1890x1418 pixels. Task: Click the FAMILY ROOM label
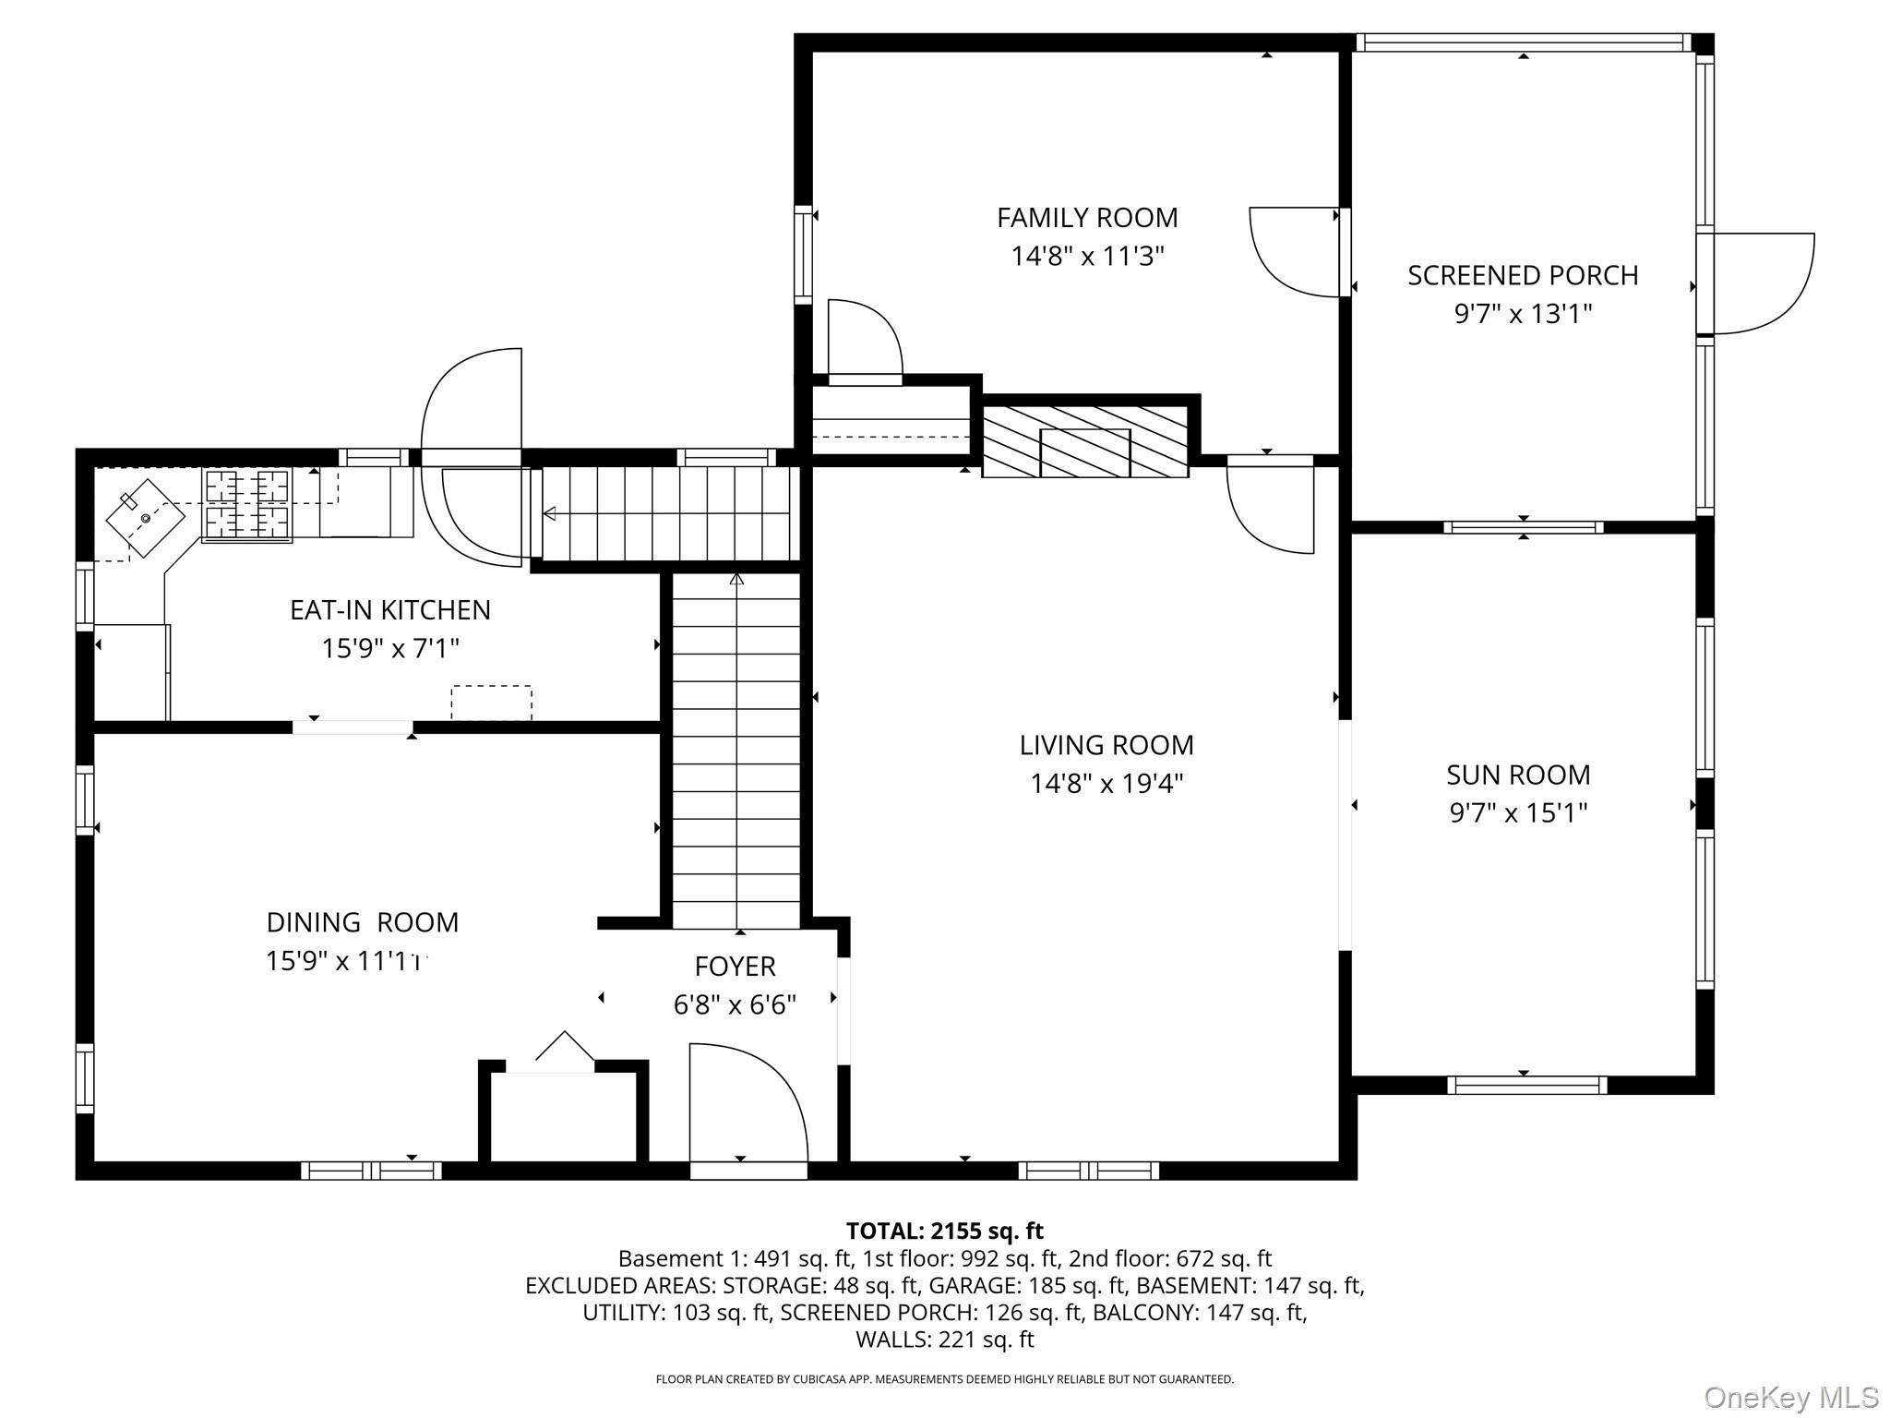1087,218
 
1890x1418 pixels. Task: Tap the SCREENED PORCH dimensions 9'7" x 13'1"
1523,315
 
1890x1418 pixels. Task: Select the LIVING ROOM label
1106,745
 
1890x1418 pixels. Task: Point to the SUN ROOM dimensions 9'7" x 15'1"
1518,813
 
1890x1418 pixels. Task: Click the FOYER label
735,967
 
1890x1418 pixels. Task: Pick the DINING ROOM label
362,922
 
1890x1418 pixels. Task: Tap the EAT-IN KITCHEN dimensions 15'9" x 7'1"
389,648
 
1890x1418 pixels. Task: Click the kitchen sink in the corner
144,518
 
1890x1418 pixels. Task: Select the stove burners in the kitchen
246,503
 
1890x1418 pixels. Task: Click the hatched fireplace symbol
1085,442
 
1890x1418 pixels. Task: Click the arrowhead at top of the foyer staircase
736,580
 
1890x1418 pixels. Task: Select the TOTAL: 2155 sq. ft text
944,1231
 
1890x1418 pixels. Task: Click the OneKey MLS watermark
1790,1398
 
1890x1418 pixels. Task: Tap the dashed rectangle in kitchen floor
491,703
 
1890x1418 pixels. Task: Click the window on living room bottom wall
1088,1171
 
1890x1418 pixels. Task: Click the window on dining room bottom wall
371,1171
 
